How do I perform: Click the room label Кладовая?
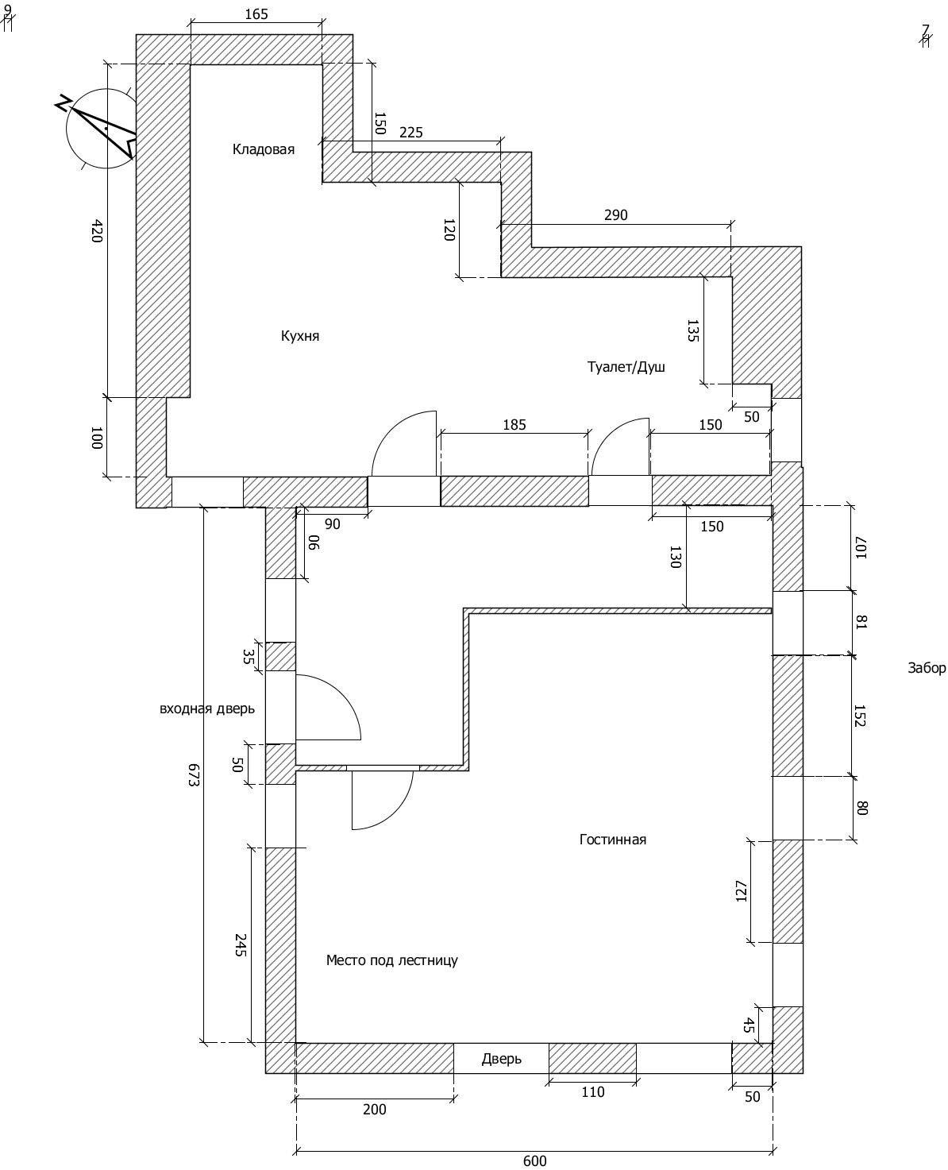pyautogui.click(x=264, y=149)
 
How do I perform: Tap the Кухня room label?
pyautogui.click(x=299, y=336)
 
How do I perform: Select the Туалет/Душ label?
pyautogui.click(x=626, y=366)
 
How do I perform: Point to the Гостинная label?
pyautogui.click(x=613, y=840)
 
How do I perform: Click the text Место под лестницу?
pyautogui.click(x=392, y=960)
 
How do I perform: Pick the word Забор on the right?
pyautogui.click(x=927, y=668)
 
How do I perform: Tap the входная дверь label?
pyautogui.click(x=207, y=709)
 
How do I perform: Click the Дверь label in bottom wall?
pyautogui.click(x=501, y=1059)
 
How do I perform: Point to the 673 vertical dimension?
pyautogui.click(x=193, y=774)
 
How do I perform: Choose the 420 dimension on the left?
pyautogui.click(x=97, y=230)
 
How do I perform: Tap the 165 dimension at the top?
pyautogui.click(x=256, y=14)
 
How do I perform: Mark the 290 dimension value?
pyautogui.click(x=616, y=214)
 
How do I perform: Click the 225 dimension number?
pyautogui.click(x=411, y=133)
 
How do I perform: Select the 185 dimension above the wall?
pyautogui.click(x=514, y=425)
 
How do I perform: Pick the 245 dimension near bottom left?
pyautogui.click(x=241, y=944)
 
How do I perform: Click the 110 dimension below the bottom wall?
pyautogui.click(x=593, y=1091)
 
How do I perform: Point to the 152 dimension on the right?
pyautogui.click(x=860, y=716)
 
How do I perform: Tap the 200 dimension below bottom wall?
pyautogui.click(x=375, y=1109)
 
